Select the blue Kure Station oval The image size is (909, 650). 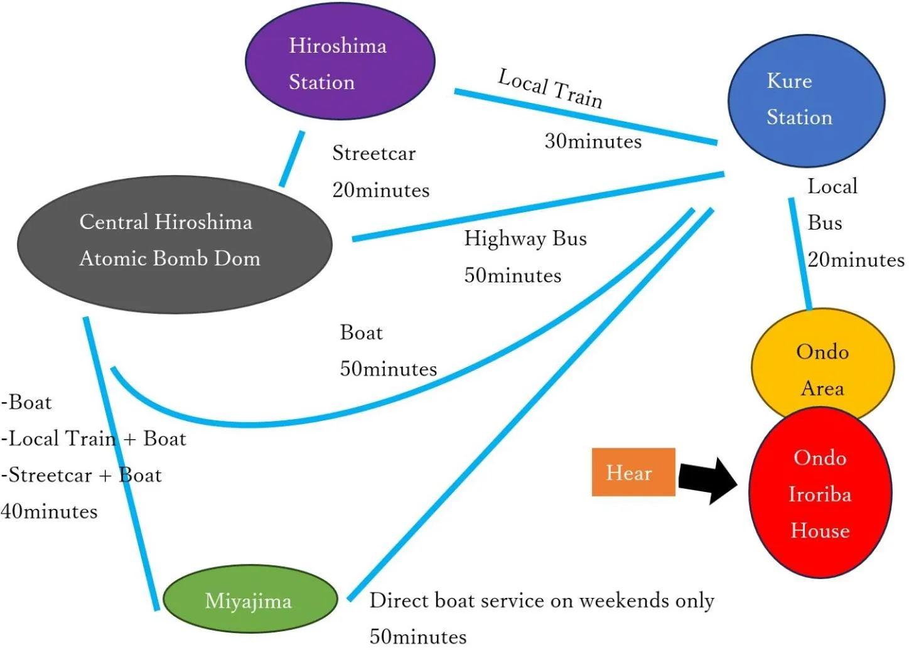[806, 101]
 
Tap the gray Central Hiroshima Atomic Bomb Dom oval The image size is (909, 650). [174, 244]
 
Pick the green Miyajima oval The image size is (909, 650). [250, 600]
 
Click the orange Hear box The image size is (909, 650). [633, 472]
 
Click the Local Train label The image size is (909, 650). [550, 88]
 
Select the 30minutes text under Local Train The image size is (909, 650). [593, 141]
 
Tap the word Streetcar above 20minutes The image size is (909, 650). [374, 153]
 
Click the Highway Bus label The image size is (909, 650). [525, 238]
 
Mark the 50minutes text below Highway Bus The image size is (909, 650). [512, 275]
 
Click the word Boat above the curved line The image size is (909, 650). [361, 333]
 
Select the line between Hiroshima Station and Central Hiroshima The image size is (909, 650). [292, 159]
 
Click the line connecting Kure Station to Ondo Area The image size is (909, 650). [800, 254]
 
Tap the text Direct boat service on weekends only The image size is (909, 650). [541, 600]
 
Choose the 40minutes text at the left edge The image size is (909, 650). [49, 511]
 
